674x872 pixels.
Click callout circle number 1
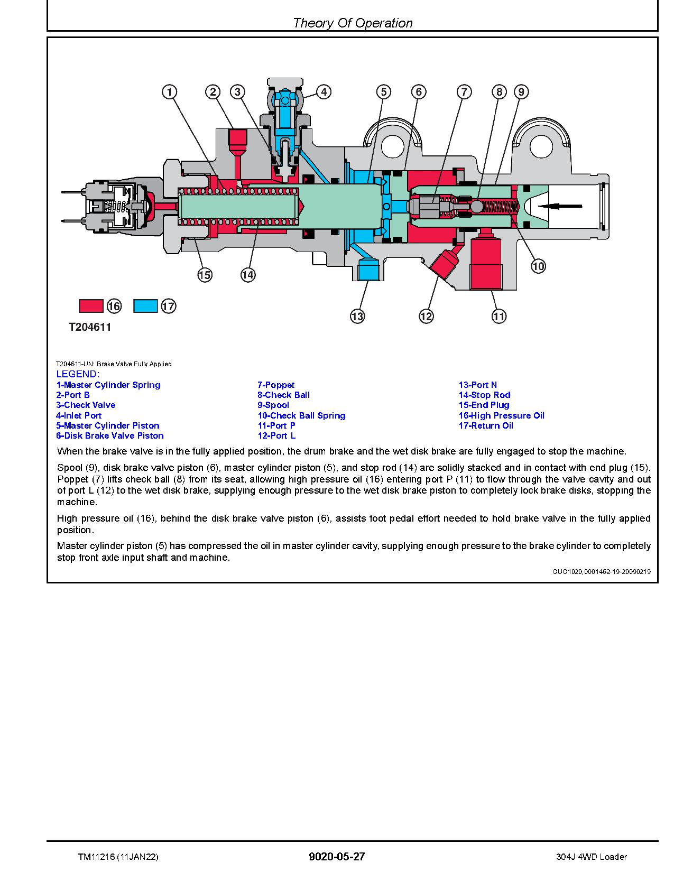(169, 92)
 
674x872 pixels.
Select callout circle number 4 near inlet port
(324, 92)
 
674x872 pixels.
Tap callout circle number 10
(538, 266)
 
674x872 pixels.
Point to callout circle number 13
(357, 316)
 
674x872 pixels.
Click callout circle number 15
(205, 275)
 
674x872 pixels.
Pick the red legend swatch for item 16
(91, 306)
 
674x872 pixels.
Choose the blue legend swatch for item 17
(145, 306)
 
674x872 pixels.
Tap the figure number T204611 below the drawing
(90, 327)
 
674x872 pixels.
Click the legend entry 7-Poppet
(276, 385)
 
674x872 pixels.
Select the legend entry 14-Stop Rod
(484, 395)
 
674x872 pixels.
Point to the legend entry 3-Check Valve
(86, 405)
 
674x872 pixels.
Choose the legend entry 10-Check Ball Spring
(301, 415)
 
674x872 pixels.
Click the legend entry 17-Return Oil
(486, 425)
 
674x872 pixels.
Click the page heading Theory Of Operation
(353, 23)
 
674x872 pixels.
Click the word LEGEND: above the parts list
(78, 374)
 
